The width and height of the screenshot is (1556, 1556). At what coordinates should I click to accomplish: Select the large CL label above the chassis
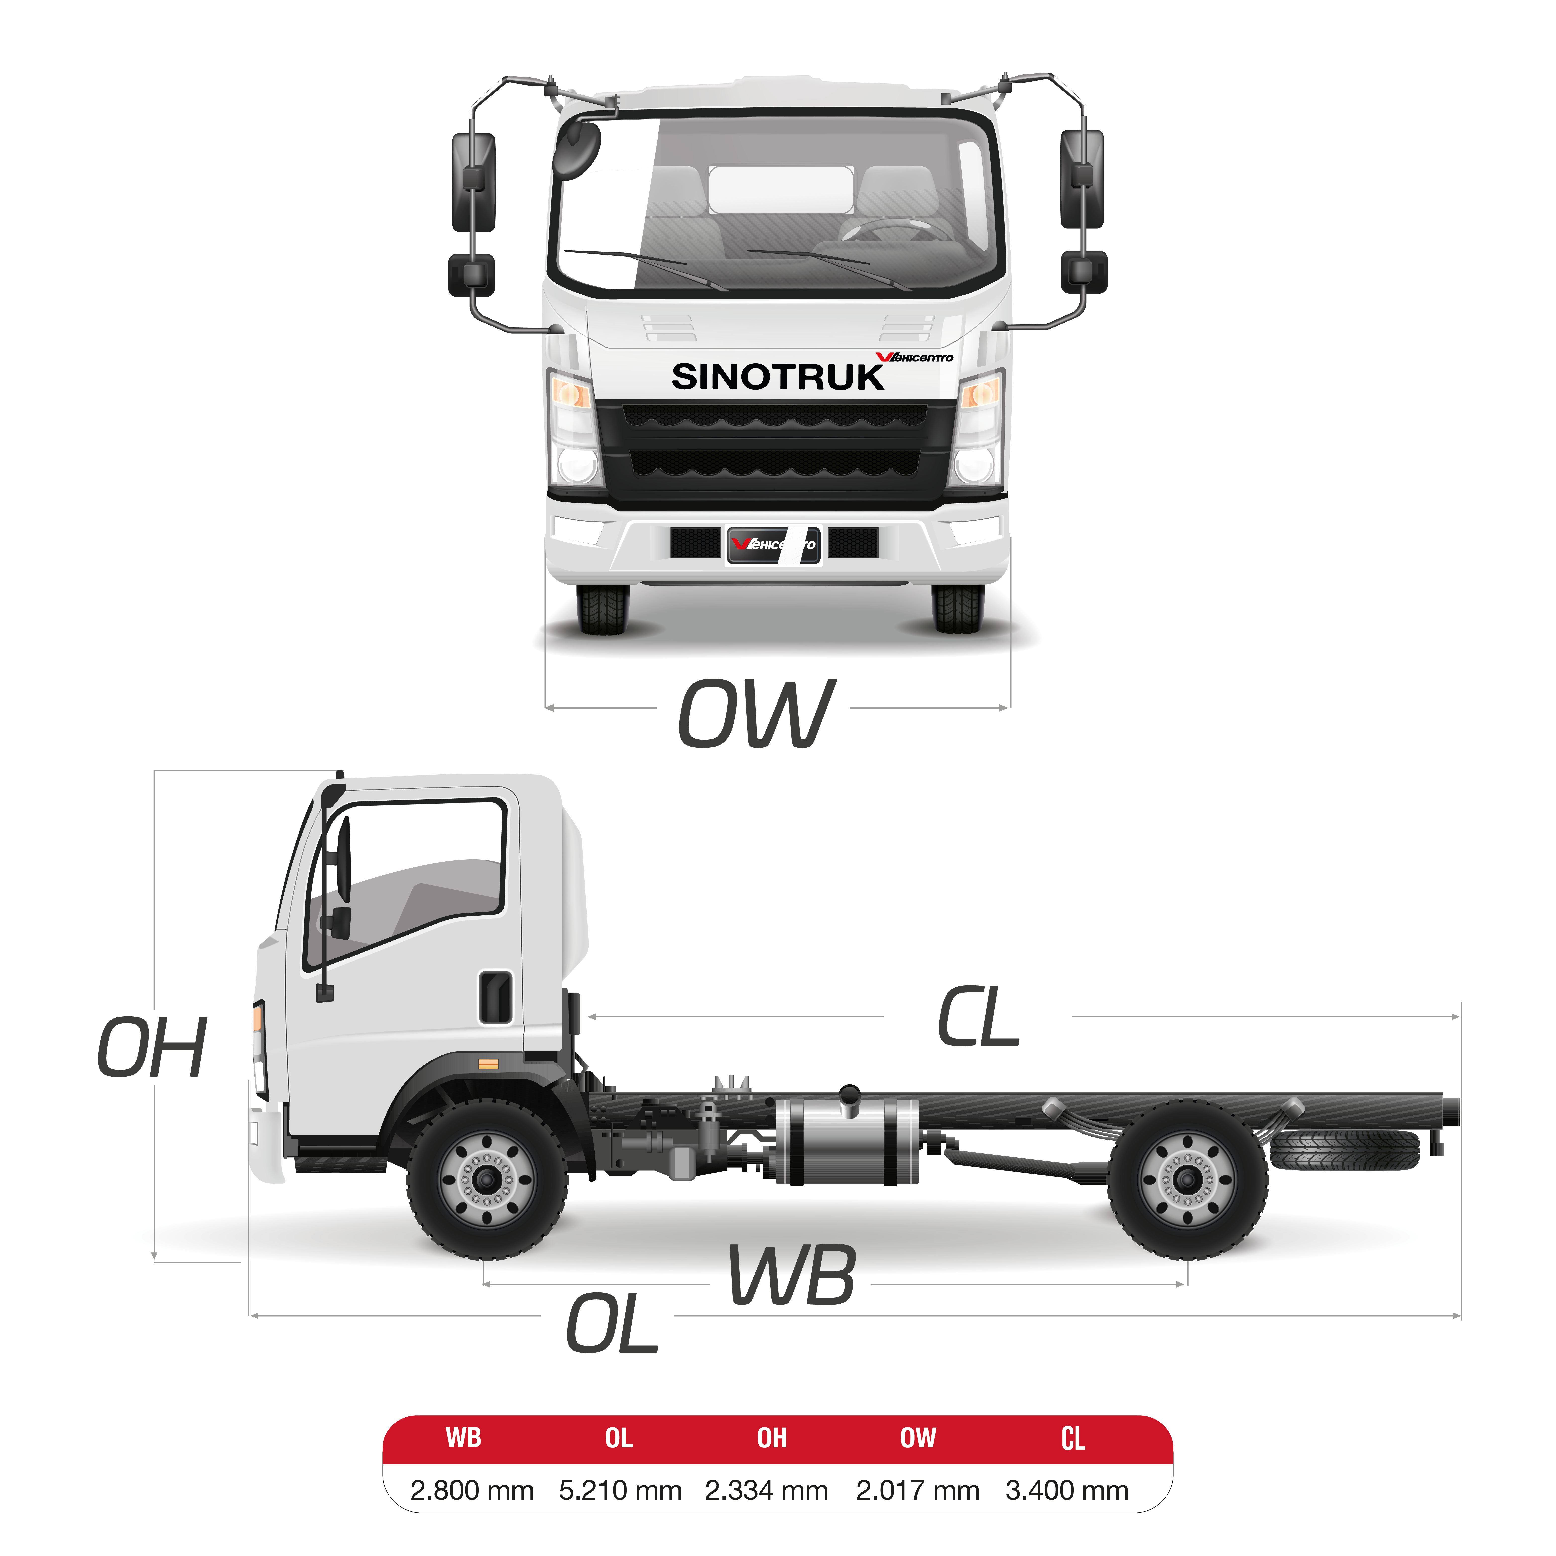(x=979, y=1018)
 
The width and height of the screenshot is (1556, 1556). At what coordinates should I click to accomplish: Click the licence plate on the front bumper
(x=773, y=544)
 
